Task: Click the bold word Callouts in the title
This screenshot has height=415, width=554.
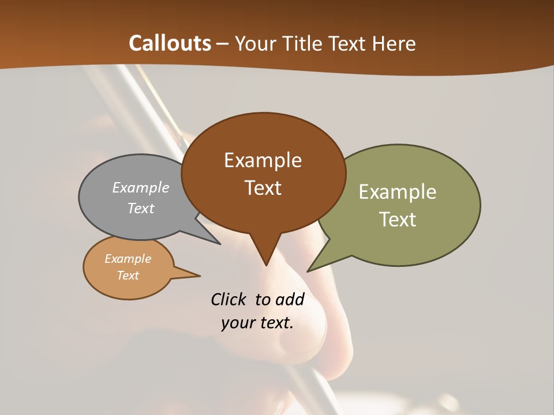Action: (170, 43)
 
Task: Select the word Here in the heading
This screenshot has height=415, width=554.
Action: (394, 43)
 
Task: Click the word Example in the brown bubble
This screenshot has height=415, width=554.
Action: (263, 160)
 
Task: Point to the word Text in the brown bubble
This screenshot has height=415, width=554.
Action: (263, 188)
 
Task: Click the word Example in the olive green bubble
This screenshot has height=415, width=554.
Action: (397, 192)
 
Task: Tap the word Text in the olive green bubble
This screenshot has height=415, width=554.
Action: (397, 220)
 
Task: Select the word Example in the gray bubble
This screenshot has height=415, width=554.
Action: (140, 188)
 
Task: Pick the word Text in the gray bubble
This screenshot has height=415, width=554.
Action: (140, 208)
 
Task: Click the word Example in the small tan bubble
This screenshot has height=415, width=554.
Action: (128, 259)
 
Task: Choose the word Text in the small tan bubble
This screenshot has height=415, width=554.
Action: (128, 276)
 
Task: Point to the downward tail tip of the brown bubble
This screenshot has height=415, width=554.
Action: (266, 265)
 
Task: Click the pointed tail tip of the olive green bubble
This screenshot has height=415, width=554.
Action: (308, 271)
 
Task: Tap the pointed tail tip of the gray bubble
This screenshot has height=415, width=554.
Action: (220, 244)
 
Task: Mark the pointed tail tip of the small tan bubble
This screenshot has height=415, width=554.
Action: (200, 276)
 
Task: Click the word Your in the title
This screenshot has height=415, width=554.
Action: (253, 43)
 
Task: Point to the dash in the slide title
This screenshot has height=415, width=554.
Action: (223, 44)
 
